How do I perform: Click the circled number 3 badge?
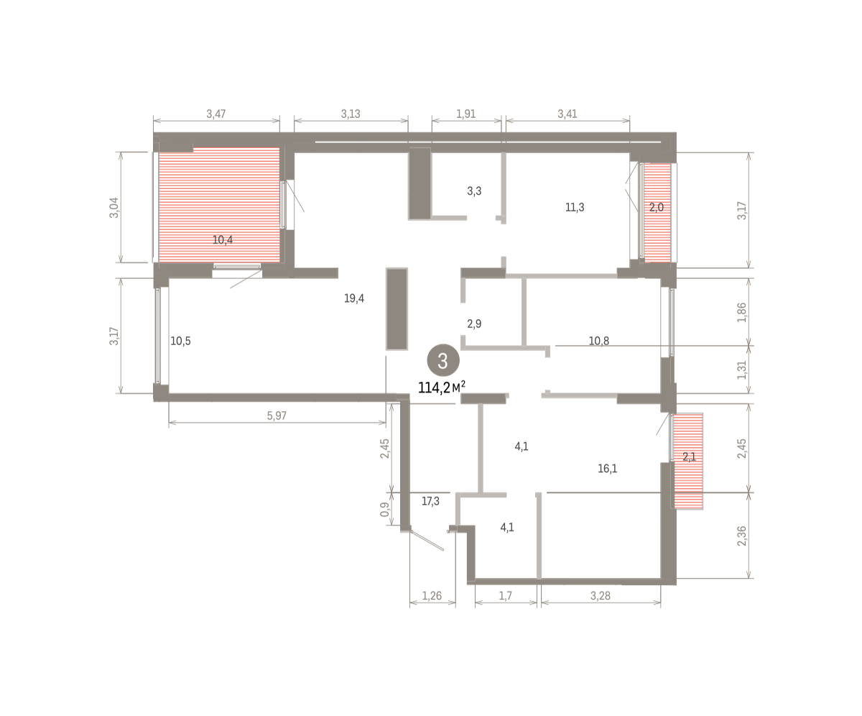coord(443,360)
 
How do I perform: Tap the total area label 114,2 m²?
coord(442,387)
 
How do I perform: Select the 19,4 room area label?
coord(354,298)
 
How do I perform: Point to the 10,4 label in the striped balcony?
coord(223,239)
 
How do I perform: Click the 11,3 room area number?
coord(575,208)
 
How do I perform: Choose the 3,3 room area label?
coord(474,191)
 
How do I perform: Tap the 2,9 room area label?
coord(474,323)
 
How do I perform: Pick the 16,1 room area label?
coord(608,468)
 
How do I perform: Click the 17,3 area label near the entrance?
coord(430,501)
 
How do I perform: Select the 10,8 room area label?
coord(599,341)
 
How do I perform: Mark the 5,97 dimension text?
coord(277,416)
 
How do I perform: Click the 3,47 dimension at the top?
coord(216,114)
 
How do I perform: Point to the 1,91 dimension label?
coord(466,114)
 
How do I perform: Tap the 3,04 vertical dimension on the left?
coord(114,208)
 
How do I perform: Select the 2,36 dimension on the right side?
coord(742,536)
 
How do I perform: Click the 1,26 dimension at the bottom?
coord(432,596)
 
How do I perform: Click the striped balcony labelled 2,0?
coord(657,213)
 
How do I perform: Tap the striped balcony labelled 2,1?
coord(689,461)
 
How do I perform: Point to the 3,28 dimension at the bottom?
coord(601,596)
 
